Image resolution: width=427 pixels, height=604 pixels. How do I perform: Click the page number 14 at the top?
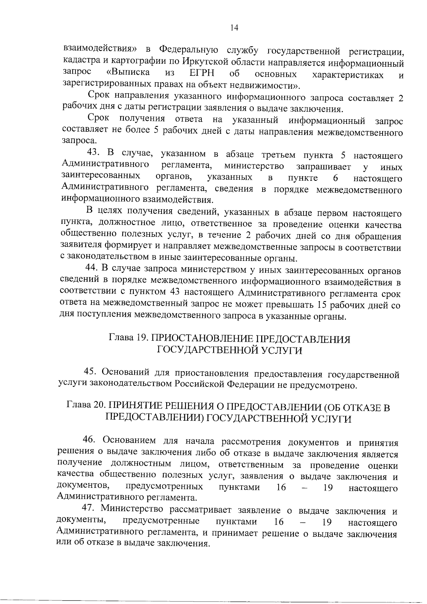[234, 28]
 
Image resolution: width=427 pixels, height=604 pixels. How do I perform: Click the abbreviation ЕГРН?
[202, 73]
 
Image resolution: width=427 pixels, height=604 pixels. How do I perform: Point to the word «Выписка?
[128, 73]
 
